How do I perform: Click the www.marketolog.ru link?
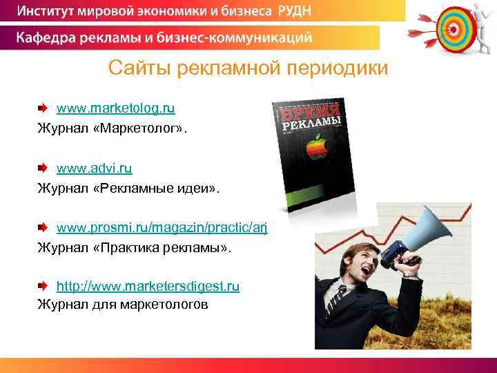click(115, 108)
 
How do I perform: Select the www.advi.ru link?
click(94, 168)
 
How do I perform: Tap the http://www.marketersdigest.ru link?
click(148, 286)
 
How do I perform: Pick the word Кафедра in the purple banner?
click(48, 37)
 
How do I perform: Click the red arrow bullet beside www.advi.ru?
click(43, 168)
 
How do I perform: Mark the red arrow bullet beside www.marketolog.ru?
click(43, 108)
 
